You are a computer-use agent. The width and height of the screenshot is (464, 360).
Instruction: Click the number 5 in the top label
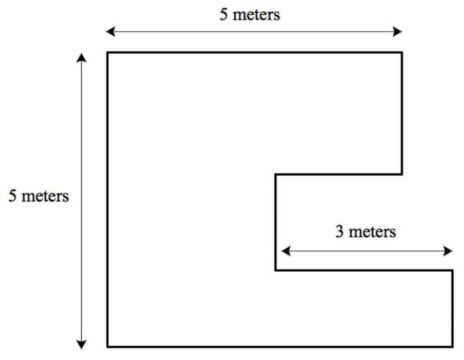[x=224, y=14]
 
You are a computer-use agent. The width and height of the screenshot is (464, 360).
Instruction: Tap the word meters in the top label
[x=256, y=14]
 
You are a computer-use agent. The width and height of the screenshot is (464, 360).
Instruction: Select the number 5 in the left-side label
[x=13, y=196]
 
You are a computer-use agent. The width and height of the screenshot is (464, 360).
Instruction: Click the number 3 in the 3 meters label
[x=339, y=231]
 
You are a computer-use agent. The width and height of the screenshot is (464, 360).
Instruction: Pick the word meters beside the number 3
[x=372, y=231]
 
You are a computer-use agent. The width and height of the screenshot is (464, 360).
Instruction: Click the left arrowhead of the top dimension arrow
[x=109, y=31]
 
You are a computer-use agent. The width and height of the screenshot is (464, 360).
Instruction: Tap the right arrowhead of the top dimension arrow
[x=398, y=31]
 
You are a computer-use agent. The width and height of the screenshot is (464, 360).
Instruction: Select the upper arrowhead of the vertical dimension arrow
[x=82, y=57]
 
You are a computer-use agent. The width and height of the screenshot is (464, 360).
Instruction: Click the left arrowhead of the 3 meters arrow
[x=285, y=251]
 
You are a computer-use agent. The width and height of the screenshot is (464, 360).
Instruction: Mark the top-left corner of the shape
[x=108, y=52]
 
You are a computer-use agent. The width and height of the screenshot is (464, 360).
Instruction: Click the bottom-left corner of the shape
[x=108, y=347]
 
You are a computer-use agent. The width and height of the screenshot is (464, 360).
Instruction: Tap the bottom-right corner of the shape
[x=452, y=347]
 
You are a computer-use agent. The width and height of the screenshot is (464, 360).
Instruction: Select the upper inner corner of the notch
[x=276, y=174]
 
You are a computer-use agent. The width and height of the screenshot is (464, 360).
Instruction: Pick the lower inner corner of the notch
[x=276, y=270]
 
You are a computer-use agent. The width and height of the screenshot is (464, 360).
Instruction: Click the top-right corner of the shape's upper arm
[x=402, y=52]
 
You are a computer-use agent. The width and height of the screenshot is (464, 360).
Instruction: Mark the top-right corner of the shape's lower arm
[x=452, y=270]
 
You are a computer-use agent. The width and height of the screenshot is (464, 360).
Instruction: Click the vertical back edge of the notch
[x=276, y=222]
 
